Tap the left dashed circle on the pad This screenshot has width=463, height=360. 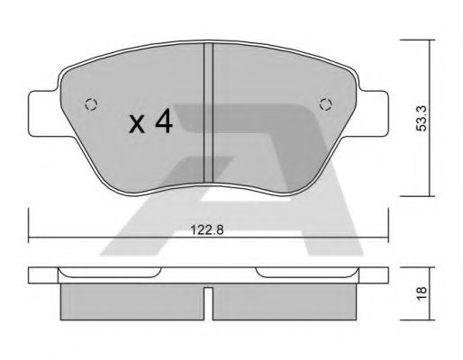[87, 103]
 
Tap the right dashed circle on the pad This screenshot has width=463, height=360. [326, 103]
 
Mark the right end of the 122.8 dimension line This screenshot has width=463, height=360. [386, 238]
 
